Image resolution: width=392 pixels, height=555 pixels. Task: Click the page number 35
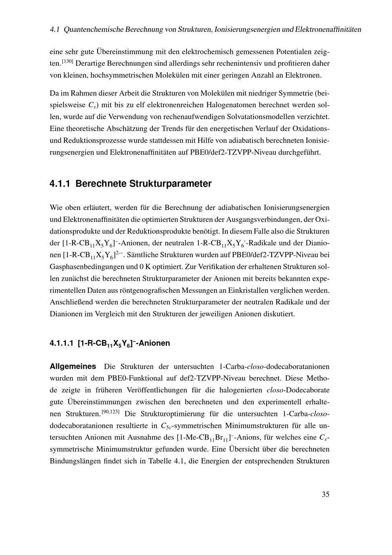click(325, 494)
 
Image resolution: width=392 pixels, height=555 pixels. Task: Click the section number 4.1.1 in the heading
click(60, 184)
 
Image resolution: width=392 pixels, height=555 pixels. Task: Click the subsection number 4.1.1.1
click(61, 343)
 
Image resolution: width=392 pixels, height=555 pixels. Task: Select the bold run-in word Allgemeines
click(73, 367)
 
